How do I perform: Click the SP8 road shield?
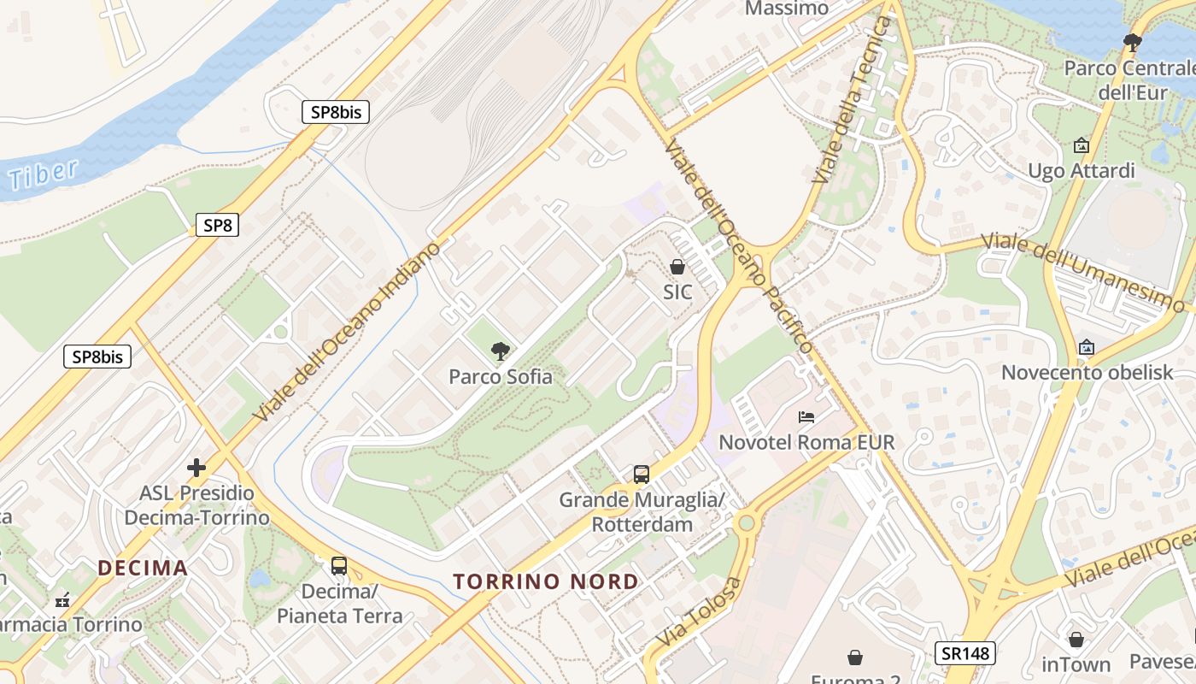(x=217, y=226)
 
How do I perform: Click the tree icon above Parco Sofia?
(x=501, y=351)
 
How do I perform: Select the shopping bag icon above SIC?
(x=677, y=267)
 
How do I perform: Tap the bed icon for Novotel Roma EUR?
(x=806, y=417)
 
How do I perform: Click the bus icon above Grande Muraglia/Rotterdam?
(x=641, y=474)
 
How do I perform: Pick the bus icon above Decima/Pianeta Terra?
(x=339, y=565)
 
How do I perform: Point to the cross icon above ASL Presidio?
(x=196, y=468)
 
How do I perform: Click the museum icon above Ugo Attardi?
(x=1082, y=145)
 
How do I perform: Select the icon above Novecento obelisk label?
(x=1087, y=347)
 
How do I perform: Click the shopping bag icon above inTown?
(x=1076, y=639)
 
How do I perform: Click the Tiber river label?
(x=43, y=174)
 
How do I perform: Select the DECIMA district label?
(x=143, y=568)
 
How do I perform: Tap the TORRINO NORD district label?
(x=546, y=582)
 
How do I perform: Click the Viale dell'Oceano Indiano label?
(x=349, y=331)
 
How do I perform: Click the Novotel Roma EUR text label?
(x=806, y=442)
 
